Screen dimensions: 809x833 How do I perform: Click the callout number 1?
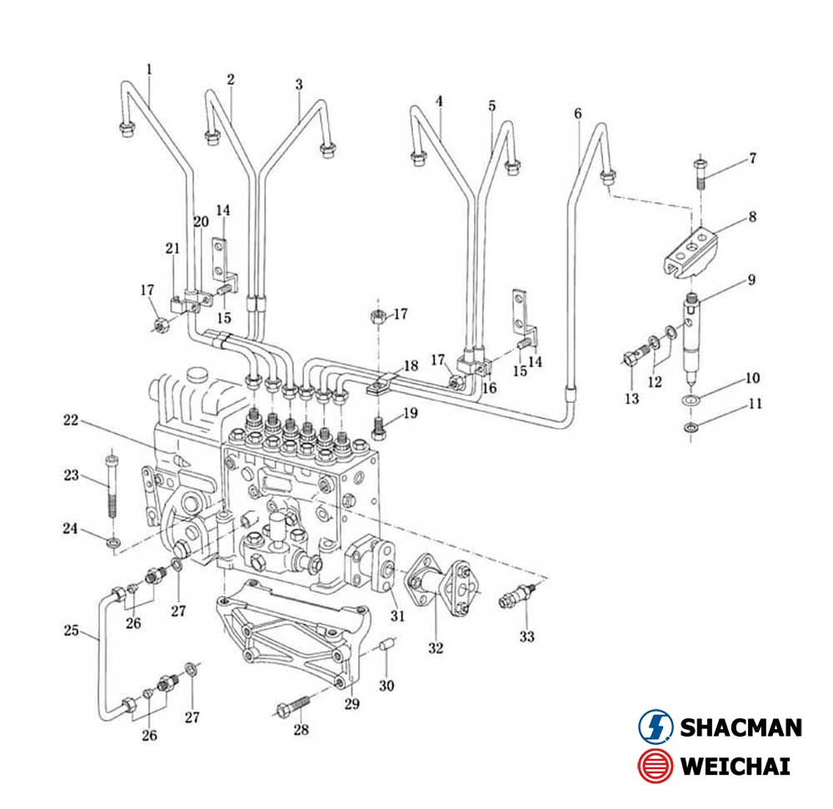149,69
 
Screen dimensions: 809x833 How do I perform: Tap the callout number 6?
578,113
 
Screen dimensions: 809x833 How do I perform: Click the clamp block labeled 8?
691,249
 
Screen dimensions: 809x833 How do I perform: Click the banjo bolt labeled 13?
634,359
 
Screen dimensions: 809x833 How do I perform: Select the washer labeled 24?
112,544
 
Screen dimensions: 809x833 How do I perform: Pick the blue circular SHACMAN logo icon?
655,727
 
